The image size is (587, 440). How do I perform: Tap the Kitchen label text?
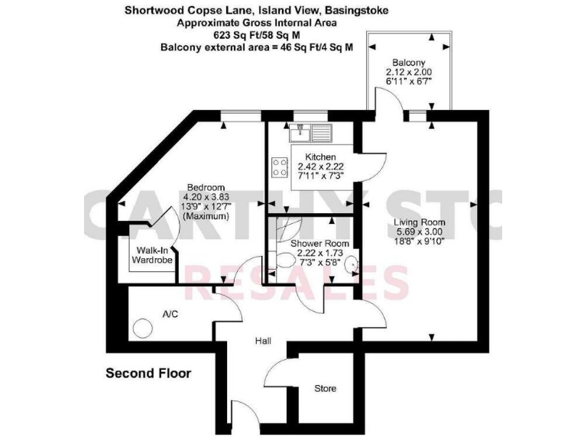point(315,157)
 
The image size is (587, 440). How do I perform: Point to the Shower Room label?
point(320,244)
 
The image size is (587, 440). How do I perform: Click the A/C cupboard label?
point(170,314)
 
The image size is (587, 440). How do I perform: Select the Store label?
point(326,389)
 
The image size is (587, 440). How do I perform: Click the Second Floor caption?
point(148,374)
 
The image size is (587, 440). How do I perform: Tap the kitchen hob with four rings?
point(279,167)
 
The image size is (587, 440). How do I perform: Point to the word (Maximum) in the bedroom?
point(206,216)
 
